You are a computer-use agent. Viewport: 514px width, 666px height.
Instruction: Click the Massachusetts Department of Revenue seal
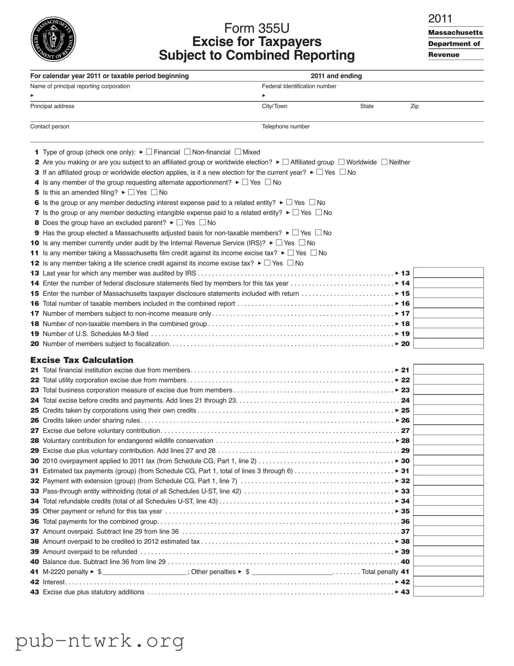[53, 39]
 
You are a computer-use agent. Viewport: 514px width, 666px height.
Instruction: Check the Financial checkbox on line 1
[149, 152]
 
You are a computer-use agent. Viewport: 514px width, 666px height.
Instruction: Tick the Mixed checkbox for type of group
[238, 152]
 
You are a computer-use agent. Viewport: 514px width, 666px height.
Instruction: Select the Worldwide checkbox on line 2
[342, 162]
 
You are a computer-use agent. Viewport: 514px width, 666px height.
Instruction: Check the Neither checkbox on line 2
[385, 162]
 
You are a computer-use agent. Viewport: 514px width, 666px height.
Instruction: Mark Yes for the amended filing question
[131, 192]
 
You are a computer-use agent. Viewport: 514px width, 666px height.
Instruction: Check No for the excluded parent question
[202, 222]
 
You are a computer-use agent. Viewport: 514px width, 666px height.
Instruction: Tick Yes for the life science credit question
[267, 263]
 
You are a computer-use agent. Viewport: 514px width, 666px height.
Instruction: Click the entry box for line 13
[448, 273]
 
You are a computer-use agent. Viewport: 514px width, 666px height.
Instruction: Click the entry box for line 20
[448, 343]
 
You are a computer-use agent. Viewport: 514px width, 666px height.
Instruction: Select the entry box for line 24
[448, 400]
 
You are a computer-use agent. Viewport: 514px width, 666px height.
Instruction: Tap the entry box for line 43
[448, 592]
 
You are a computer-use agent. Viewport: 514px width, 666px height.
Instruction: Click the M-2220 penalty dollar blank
[144, 572]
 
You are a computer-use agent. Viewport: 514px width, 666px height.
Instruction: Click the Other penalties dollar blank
[292, 572]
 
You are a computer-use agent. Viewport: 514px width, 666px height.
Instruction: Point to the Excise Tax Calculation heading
[82, 360]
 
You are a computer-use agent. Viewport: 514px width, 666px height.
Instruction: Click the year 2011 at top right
[440, 19]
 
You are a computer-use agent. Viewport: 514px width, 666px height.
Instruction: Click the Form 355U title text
[257, 28]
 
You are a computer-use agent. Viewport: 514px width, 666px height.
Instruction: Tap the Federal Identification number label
[299, 86]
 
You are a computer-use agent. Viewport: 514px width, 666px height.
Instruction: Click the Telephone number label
[286, 127]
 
